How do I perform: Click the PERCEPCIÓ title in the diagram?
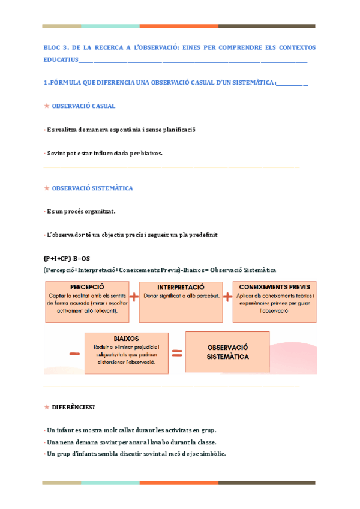click(x=87, y=287)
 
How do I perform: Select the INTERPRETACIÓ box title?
click(x=181, y=288)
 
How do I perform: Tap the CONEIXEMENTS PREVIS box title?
click(x=275, y=287)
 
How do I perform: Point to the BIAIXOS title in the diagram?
click(x=126, y=339)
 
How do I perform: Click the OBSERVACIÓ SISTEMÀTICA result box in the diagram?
click(x=227, y=352)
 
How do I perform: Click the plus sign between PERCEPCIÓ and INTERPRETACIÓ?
click(x=133, y=297)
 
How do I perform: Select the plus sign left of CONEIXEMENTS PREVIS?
click(x=227, y=297)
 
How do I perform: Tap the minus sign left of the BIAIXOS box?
click(x=74, y=354)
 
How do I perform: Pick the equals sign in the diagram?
click(x=177, y=354)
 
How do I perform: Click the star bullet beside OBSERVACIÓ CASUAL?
click(x=47, y=106)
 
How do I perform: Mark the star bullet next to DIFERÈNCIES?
click(x=47, y=407)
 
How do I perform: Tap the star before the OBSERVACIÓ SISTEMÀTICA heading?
click(x=47, y=188)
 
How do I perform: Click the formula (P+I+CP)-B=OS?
click(x=67, y=258)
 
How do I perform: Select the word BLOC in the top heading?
click(x=52, y=47)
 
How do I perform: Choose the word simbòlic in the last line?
click(x=212, y=454)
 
